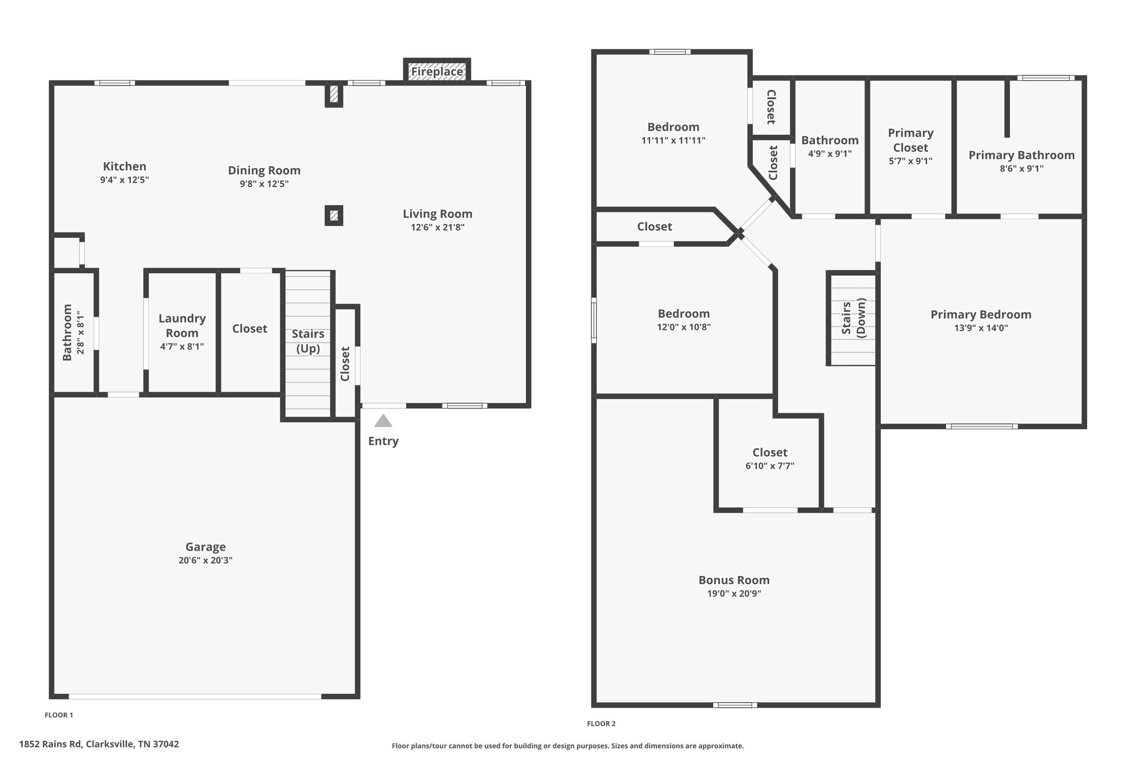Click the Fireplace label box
[437, 72]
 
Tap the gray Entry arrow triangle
[383, 421]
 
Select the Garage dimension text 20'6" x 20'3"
[205, 560]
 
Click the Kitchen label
[125, 166]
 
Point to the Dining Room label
[264, 171]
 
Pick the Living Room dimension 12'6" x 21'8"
[438, 227]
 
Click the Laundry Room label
[182, 326]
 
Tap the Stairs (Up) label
[308, 341]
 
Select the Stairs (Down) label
[853, 318]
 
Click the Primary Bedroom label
[981, 314]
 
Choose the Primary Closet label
[910, 140]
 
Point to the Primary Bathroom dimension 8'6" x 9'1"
[1022, 169]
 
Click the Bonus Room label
[734, 580]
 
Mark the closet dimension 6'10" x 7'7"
[770, 466]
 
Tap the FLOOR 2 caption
[601, 724]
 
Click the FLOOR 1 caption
[59, 715]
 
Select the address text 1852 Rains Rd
[51, 744]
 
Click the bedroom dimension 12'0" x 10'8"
[684, 327]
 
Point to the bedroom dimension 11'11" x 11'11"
[673, 141]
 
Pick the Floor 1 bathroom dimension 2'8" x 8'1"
[81, 333]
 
